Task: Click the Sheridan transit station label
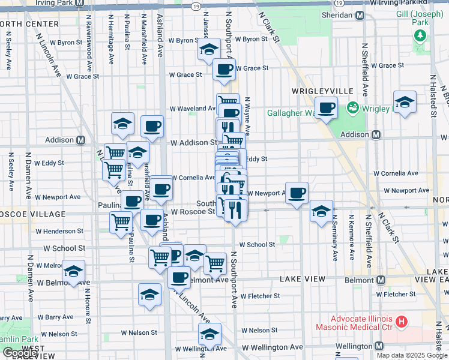click(340, 16)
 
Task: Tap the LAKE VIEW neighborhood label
click(302, 279)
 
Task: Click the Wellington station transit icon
click(379, 347)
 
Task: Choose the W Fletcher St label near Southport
click(260, 296)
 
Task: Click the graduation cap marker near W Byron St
click(209, 49)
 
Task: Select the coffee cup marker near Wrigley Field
click(326, 108)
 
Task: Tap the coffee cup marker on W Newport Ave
click(297, 193)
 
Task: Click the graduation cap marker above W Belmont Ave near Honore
click(74, 271)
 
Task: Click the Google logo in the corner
click(19, 353)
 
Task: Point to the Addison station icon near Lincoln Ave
click(80, 140)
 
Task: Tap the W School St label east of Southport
click(257, 244)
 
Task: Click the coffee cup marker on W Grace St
click(224, 69)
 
